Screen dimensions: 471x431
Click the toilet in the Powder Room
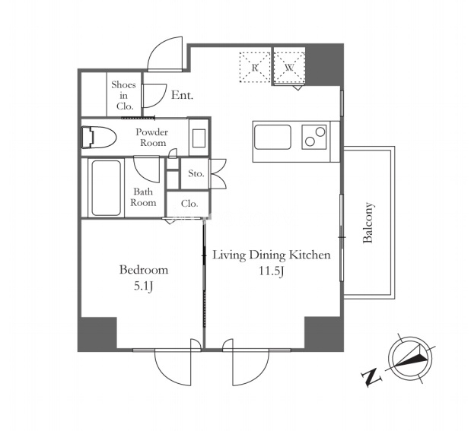tap(98, 138)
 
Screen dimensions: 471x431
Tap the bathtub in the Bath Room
tap(106, 188)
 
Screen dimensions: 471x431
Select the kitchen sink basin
tap(272, 137)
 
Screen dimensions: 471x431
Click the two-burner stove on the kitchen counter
tap(314, 137)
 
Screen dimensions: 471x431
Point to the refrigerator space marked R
tap(255, 67)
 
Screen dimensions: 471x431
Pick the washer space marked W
tap(290, 67)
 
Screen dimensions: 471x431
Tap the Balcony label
tap(368, 223)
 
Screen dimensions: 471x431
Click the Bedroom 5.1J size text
tap(144, 287)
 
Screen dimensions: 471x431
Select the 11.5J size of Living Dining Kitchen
tap(272, 271)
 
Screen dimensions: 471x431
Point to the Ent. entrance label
tap(182, 96)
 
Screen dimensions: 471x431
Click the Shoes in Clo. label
tap(124, 96)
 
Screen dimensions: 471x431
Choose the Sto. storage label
tap(196, 173)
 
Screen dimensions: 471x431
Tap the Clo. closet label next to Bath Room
tap(189, 204)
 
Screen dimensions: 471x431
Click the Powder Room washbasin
tap(199, 138)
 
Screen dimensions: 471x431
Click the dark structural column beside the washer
tap(324, 65)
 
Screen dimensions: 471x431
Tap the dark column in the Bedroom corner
tap(97, 334)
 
